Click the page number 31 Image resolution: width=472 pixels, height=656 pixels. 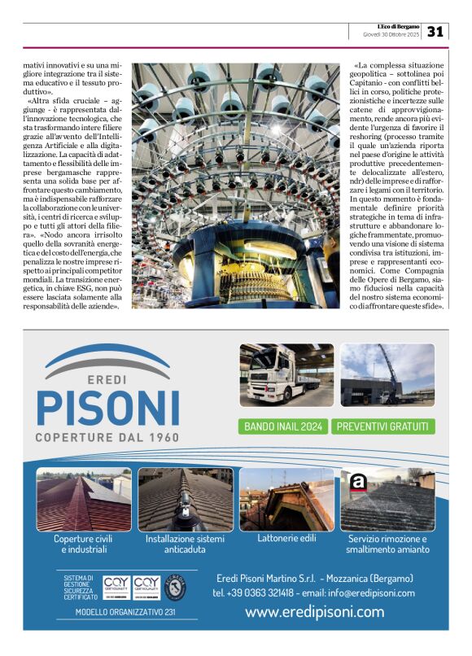pyautogui.click(x=435, y=31)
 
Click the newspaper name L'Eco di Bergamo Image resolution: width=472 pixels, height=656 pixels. pyautogui.click(x=393, y=27)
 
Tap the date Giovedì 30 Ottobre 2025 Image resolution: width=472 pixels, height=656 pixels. pyautogui.click(x=391, y=35)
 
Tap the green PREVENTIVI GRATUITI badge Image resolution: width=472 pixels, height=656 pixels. pyautogui.click(x=384, y=426)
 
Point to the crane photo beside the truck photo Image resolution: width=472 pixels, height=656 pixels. pyautogui.click(x=387, y=374)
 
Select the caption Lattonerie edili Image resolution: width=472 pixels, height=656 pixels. pyautogui.click(x=286, y=538)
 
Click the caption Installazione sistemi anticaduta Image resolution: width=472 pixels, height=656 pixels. pyautogui.click(x=185, y=544)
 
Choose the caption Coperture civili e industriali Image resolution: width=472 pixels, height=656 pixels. pyautogui.click(x=82, y=544)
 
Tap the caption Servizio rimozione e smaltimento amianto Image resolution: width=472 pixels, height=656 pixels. pyautogui.click(x=387, y=544)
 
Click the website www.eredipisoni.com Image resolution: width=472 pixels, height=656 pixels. pyautogui.click(x=314, y=611)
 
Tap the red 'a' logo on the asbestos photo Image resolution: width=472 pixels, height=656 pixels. pyautogui.click(x=357, y=483)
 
